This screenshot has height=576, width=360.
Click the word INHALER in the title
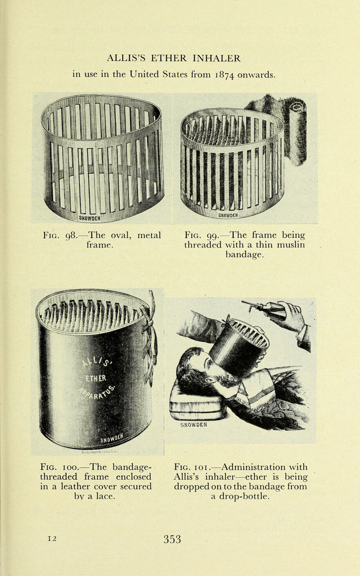pyautogui.click(x=215, y=58)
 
